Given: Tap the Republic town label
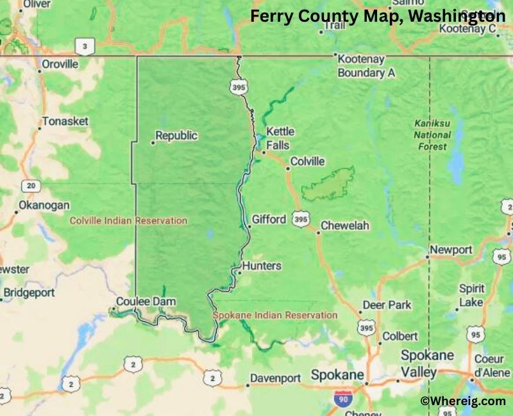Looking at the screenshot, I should [x=176, y=136].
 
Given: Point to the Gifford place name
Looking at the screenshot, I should [x=269, y=220].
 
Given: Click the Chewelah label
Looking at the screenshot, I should [x=345, y=226].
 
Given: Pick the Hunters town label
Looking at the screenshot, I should [x=262, y=266].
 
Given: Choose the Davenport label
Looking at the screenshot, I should [x=275, y=378].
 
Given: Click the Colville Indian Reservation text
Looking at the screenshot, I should [x=128, y=221].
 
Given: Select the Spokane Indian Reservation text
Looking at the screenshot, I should [x=275, y=315].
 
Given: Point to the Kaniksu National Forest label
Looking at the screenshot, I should [x=431, y=134].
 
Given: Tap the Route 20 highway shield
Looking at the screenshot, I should [x=30, y=186].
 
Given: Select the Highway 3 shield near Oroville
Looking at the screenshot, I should [x=83, y=46].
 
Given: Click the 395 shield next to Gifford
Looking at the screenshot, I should [x=300, y=220].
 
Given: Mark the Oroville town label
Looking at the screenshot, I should [x=60, y=64].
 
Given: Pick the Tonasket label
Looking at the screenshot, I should [x=65, y=121].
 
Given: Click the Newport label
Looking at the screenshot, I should [x=451, y=250].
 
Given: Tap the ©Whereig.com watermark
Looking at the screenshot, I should [x=463, y=401].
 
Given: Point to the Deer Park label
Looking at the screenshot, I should [x=387, y=305].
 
